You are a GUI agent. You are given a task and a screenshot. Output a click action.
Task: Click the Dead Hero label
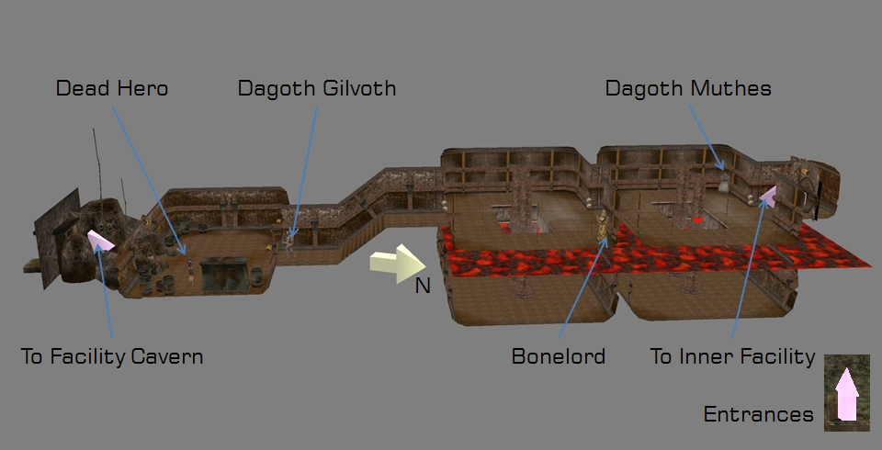112,89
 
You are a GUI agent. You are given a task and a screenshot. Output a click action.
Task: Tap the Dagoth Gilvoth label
316,89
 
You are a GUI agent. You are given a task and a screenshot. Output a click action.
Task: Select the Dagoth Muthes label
687,89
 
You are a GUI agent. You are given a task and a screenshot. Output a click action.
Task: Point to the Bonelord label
558,356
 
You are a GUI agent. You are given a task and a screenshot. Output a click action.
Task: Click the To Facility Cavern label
112,356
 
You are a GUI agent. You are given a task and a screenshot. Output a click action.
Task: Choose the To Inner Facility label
732,356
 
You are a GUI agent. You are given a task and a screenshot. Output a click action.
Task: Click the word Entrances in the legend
758,414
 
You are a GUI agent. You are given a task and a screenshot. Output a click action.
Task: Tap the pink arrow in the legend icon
846,396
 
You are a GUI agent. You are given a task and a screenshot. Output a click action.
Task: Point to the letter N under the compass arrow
423,287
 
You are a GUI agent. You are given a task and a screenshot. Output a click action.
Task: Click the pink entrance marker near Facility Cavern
100,241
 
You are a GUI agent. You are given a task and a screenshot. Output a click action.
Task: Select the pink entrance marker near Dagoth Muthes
767,194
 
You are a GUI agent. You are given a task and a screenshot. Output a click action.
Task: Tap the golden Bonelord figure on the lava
603,228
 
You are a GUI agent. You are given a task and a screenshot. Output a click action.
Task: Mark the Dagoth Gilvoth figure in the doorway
290,238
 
